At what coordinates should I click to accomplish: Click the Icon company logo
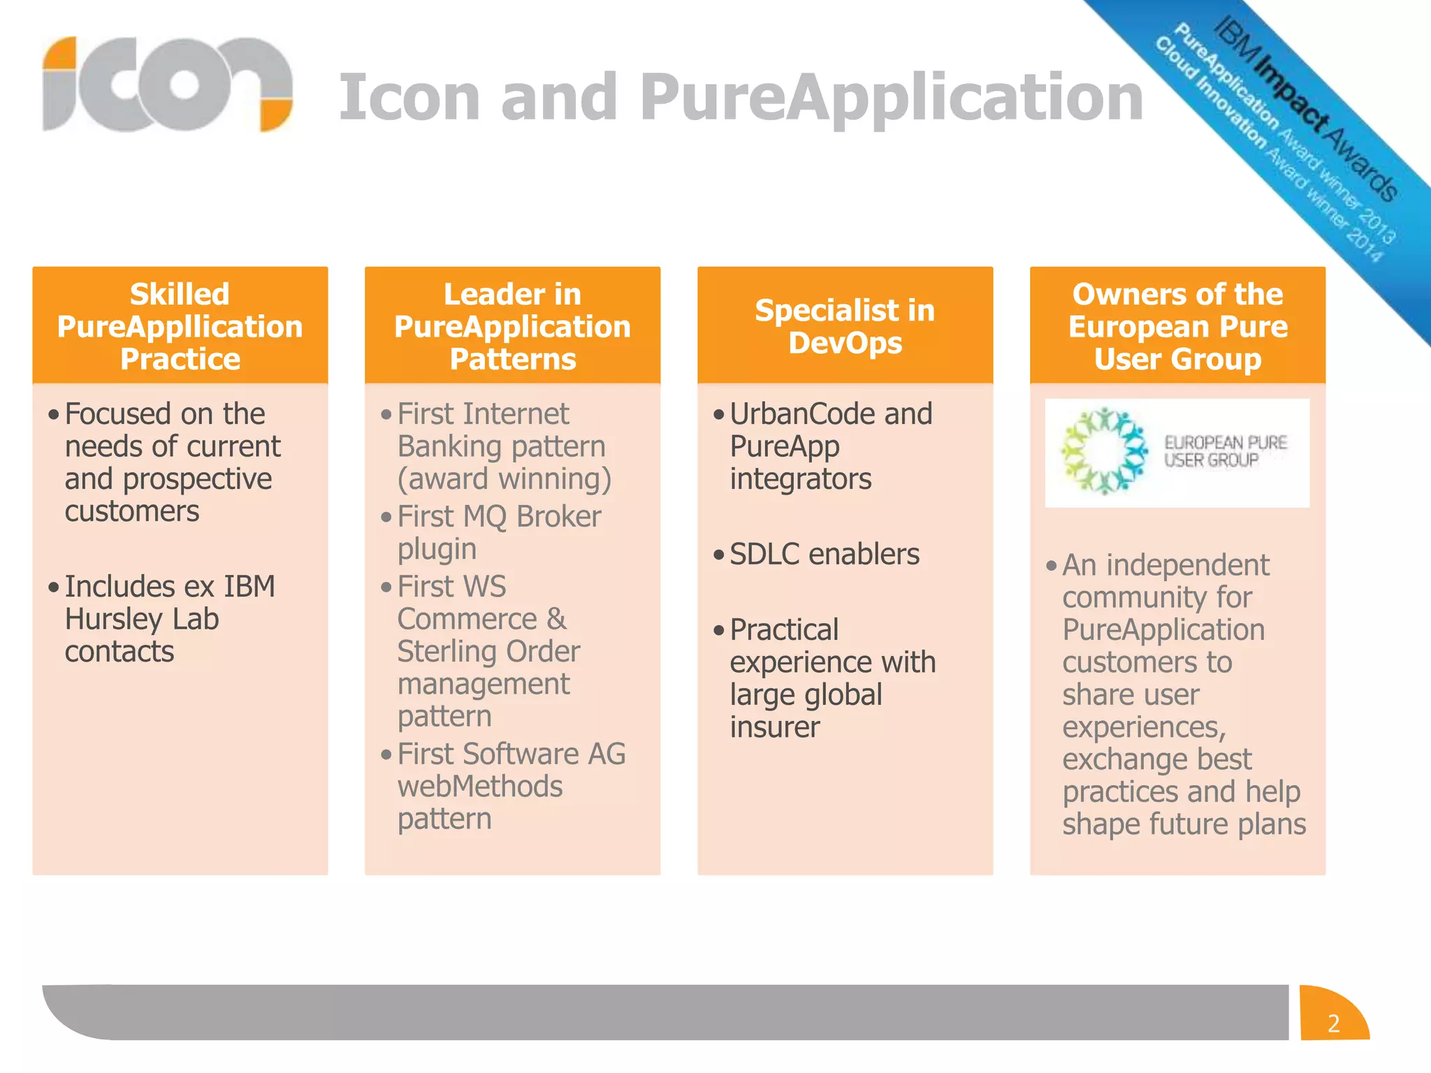[x=166, y=85]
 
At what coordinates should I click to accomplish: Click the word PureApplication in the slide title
[x=891, y=98]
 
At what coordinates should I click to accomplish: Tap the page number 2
[x=1333, y=1023]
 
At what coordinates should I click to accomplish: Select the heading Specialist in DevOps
[x=845, y=326]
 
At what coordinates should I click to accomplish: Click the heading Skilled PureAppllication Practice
[x=180, y=326]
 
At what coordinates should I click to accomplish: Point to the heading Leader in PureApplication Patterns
[x=512, y=326]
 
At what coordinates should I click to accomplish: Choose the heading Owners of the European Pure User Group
[x=1177, y=326]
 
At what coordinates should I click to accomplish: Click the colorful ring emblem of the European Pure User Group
[x=1103, y=452]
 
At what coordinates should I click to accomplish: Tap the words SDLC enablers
[x=825, y=555]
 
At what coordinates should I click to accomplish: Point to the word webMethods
[x=479, y=787]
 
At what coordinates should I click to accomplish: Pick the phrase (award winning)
[x=504, y=479]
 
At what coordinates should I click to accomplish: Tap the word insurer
[x=774, y=728]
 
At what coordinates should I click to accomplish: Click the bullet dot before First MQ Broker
[x=386, y=518]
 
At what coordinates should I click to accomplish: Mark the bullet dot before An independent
[x=1052, y=566]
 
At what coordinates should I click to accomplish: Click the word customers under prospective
[x=132, y=511]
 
